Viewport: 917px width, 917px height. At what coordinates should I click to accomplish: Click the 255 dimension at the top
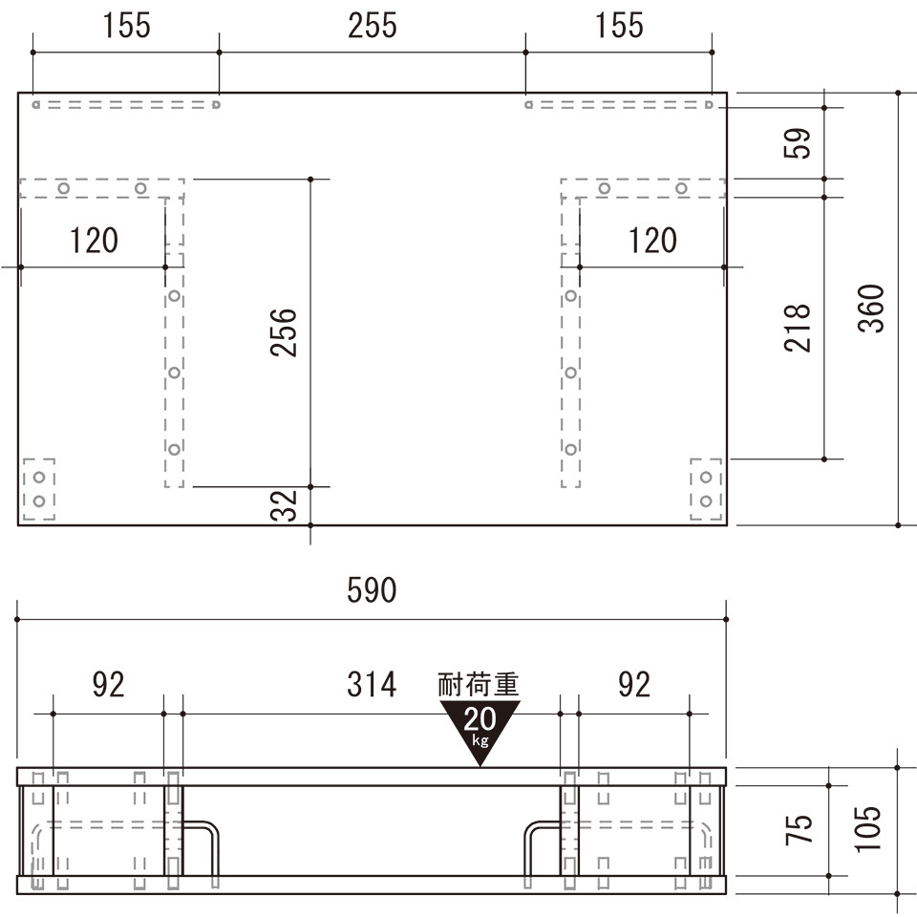click(373, 26)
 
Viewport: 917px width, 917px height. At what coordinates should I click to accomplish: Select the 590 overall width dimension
click(372, 590)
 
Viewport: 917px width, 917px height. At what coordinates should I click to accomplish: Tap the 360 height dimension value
click(871, 309)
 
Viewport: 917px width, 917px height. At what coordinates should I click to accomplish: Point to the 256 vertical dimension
click(284, 332)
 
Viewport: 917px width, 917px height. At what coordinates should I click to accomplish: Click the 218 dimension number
click(797, 328)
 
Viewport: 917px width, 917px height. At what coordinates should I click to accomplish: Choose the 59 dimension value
click(797, 143)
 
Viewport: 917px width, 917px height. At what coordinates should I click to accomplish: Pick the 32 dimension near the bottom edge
click(284, 505)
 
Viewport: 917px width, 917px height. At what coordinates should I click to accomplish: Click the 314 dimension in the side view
click(372, 684)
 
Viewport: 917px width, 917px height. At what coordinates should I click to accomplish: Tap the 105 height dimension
click(868, 829)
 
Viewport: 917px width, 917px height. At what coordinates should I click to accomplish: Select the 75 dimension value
click(799, 829)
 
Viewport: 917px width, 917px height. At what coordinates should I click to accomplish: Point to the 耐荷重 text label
click(479, 685)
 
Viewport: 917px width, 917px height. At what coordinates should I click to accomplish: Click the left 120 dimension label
click(94, 241)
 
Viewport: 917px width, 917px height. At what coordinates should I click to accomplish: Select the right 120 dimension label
click(652, 241)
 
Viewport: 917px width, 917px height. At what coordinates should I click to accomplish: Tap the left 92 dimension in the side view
click(109, 684)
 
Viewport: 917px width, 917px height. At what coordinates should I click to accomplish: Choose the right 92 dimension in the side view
click(634, 684)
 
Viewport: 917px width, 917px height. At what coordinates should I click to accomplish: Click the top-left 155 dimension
click(126, 26)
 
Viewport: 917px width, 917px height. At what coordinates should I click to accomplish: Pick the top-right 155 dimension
click(619, 26)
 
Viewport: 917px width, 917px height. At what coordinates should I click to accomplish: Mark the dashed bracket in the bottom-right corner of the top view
click(706, 489)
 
